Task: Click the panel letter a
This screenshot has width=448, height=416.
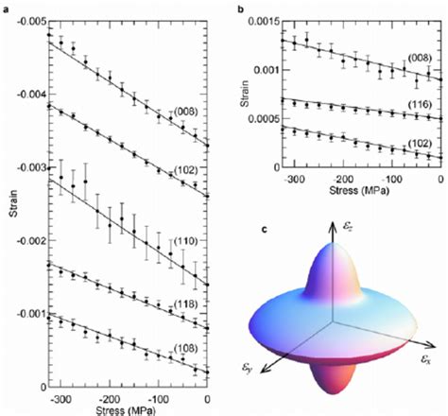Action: [5, 6]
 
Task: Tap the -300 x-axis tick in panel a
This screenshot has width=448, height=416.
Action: [59, 400]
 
